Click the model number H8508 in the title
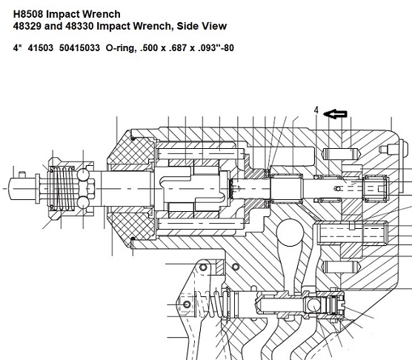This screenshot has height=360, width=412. coord(28,14)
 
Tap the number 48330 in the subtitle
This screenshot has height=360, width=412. coord(79,26)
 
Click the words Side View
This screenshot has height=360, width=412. coord(202,26)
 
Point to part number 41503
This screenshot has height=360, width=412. coord(41,48)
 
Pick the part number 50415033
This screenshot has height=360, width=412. coord(79,48)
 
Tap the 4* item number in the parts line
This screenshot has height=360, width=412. coord(16,48)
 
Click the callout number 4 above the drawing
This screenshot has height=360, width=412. coord(316,110)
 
